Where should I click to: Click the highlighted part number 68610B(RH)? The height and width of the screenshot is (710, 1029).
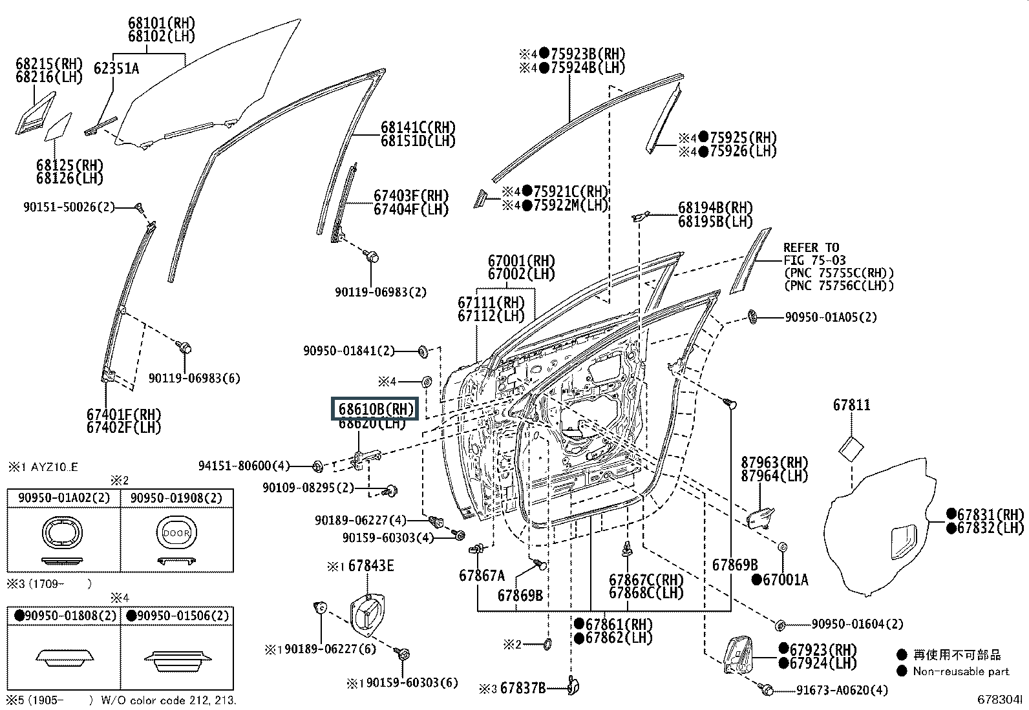(376, 409)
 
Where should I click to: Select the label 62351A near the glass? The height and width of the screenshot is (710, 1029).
(116, 68)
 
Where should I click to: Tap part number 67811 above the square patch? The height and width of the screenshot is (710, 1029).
(851, 405)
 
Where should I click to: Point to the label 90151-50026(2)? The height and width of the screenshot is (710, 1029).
(69, 207)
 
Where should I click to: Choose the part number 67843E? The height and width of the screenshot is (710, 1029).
(371, 566)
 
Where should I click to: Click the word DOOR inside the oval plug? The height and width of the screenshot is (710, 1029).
(176, 534)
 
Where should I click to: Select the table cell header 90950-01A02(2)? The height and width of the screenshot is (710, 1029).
(63, 498)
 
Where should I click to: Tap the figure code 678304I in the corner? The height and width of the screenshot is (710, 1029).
(999, 699)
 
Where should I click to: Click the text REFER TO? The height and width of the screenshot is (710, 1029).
(811, 247)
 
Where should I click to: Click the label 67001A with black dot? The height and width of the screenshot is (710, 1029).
(785, 579)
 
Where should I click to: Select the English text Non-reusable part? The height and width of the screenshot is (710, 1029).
(960, 671)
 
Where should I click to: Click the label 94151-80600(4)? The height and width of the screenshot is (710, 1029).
(244, 465)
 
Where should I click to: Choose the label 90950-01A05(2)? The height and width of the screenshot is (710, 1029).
(831, 317)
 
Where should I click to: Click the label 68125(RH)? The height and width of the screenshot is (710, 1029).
(70, 165)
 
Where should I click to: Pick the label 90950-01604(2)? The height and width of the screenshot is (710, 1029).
(857, 624)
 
